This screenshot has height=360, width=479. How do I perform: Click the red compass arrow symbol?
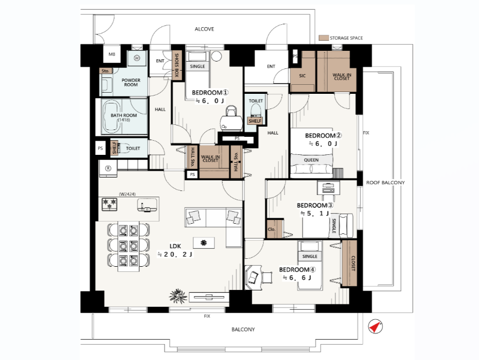click(376, 327)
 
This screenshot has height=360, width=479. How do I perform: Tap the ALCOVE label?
click(204, 29)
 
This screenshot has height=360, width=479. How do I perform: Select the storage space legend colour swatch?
click(323, 38)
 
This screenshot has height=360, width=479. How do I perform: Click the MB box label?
click(112, 54)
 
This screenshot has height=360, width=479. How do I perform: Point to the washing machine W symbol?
click(136, 58)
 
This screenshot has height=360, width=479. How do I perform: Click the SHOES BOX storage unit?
click(176, 66)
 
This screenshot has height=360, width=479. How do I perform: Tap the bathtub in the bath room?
click(111, 116)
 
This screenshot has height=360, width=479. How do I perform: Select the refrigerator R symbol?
click(108, 168)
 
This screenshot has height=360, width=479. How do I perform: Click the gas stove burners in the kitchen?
click(109, 204)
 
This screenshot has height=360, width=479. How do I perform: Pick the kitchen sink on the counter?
click(147, 205)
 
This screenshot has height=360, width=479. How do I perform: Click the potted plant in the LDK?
click(178, 296)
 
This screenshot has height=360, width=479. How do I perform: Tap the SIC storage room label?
click(302, 76)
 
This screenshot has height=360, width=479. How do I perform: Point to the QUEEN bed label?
click(311, 160)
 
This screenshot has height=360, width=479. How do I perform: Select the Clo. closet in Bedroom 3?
click(271, 229)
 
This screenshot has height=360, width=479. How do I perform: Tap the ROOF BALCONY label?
click(386, 183)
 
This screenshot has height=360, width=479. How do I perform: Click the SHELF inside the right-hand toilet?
click(255, 121)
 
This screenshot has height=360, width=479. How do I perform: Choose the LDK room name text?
click(175, 246)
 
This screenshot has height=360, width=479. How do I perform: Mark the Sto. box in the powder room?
click(106, 71)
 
